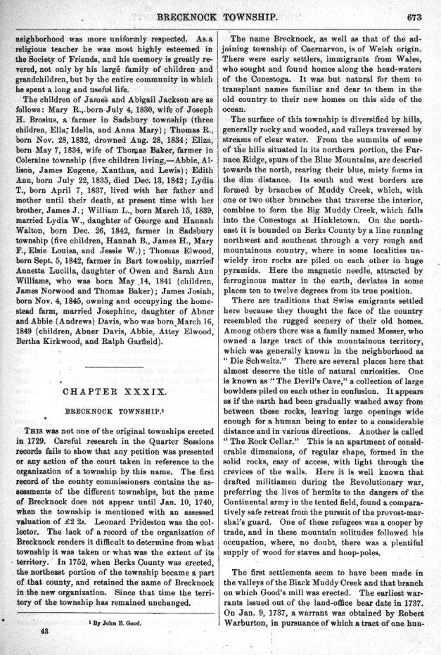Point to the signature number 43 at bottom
(x=44, y=632)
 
